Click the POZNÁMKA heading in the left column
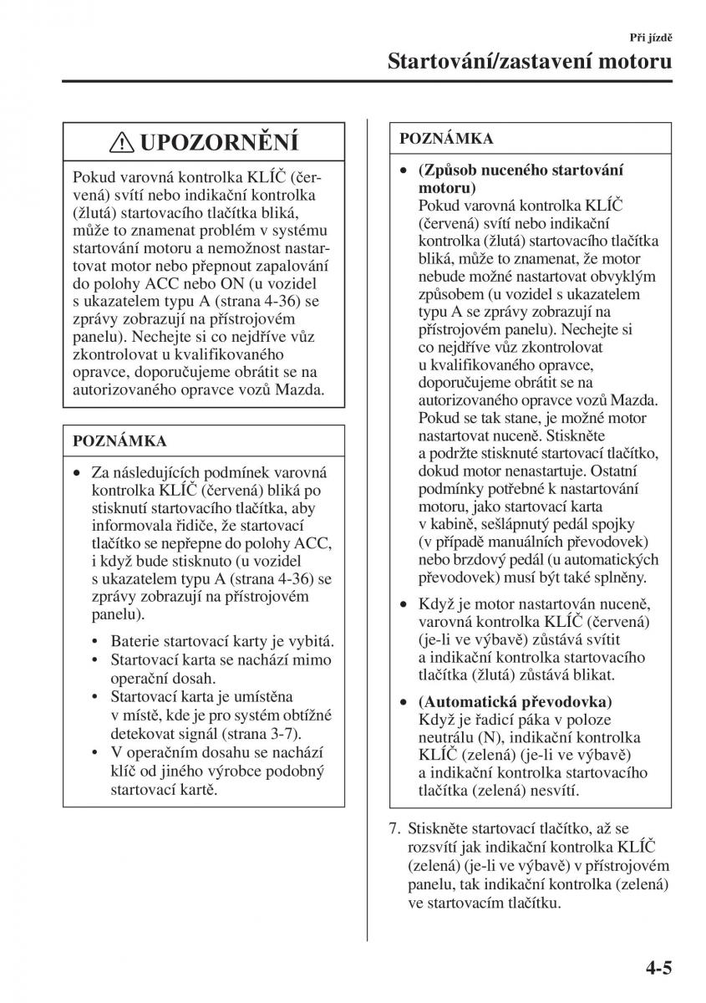[x=120, y=440]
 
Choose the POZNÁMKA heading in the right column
[x=446, y=138]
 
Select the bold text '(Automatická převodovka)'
[x=516, y=700]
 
